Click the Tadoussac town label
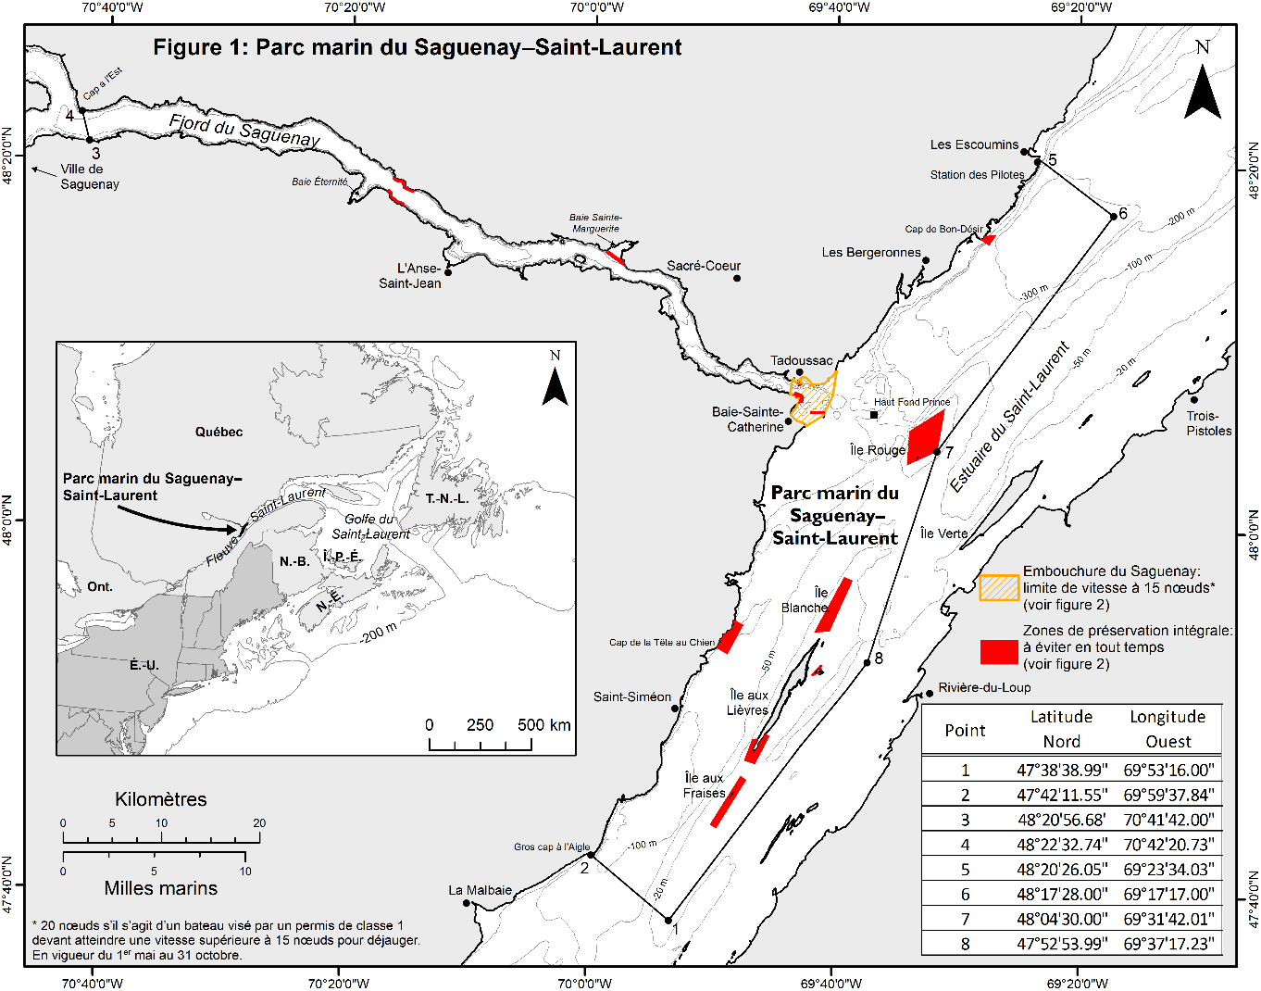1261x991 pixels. pos(801,360)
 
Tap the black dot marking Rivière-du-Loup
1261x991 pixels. pos(930,694)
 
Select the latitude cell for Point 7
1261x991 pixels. pos(1062,919)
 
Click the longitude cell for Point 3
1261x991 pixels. pos(1167,820)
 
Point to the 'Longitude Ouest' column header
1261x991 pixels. pos(1167,729)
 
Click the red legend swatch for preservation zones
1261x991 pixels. pos(999,651)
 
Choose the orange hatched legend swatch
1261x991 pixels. pos(999,587)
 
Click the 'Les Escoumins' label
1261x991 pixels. pos(974,144)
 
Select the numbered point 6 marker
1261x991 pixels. pos(1114,217)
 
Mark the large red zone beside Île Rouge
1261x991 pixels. pos(925,436)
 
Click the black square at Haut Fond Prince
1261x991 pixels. pos(873,415)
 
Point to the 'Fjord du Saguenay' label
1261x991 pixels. pos(244,131)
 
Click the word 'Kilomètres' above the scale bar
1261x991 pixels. pos(161,799)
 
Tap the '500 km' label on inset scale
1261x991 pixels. pos(543,724)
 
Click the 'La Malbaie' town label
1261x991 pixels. pos(480,890)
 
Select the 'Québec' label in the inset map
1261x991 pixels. pos(218,432)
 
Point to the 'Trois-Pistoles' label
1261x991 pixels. pos(1209,423)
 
